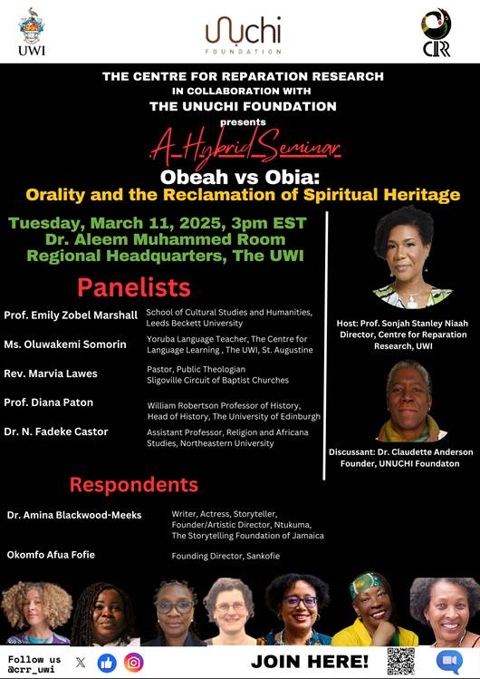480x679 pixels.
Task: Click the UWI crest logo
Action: (31, 32)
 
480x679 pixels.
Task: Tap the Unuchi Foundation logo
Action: (243, 34)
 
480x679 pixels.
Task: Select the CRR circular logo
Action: (436, 32)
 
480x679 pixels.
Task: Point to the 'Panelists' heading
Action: (133, 287)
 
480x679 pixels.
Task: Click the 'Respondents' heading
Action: (133, 483)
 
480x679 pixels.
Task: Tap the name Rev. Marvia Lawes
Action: (51, 373)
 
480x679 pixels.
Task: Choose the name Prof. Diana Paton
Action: (49, 403)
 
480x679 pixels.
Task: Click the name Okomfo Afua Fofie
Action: (51, 554)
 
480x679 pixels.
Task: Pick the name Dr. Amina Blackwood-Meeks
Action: (74, 515)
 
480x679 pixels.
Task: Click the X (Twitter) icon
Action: (81, 662)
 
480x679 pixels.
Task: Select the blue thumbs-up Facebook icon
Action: (107, 662)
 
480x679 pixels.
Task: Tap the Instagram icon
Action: (134, 662)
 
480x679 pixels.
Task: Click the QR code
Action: (400, 661)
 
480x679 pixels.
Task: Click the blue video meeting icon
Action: (449, 661)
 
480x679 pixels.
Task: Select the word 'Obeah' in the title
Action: (197, 176)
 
